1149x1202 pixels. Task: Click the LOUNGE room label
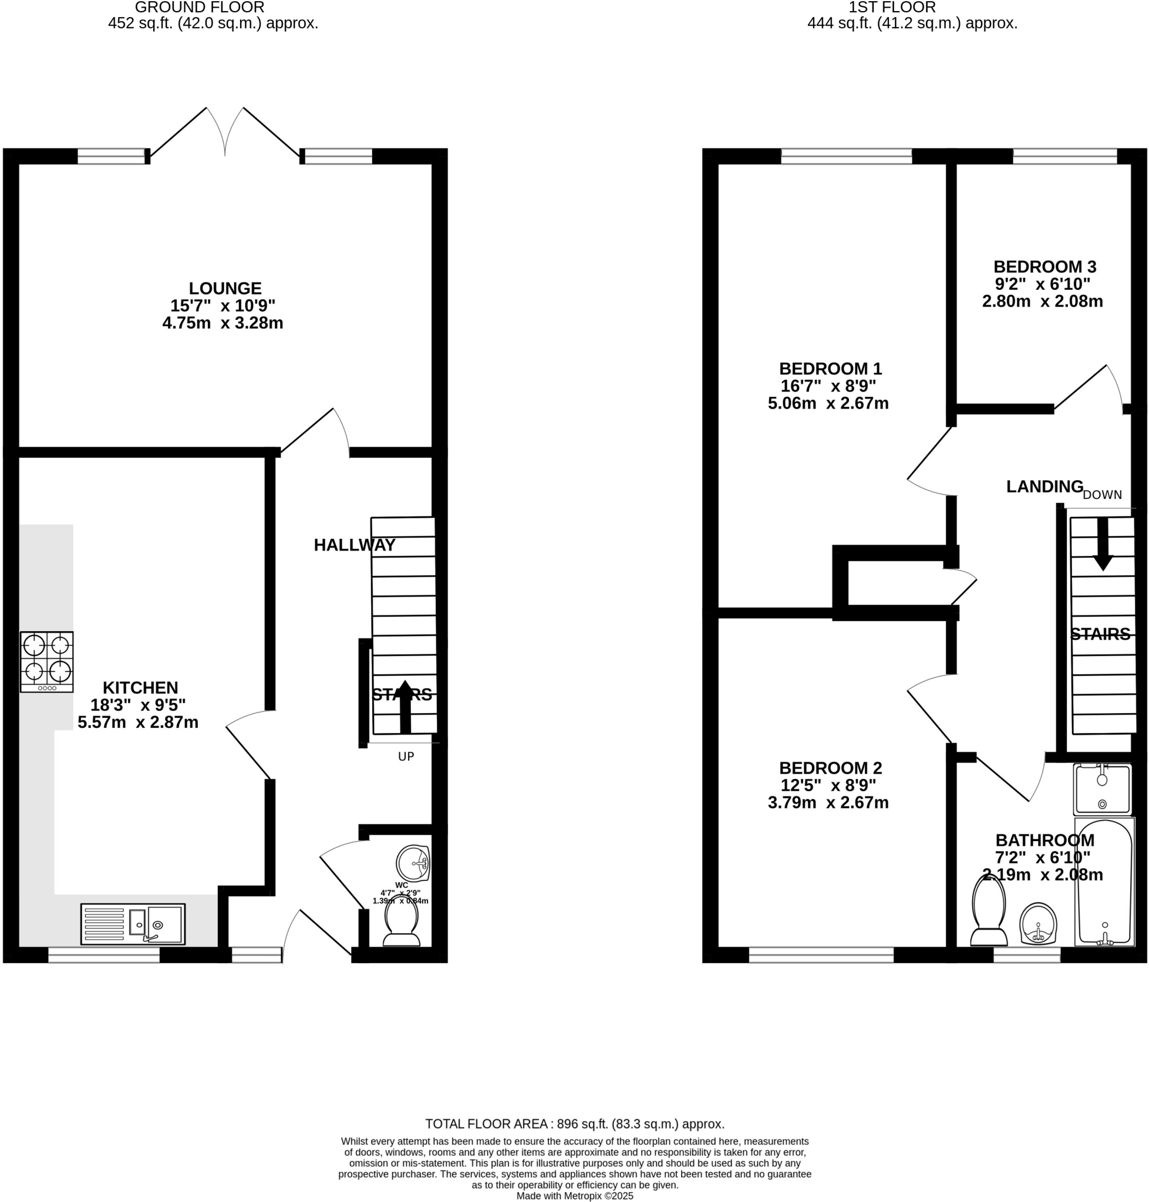point(225,288)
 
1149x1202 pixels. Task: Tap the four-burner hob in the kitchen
point(46,662)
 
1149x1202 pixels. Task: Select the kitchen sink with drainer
point(132,924)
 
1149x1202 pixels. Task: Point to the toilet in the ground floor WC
point(401,924)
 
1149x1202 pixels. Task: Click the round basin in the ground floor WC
point(413,863)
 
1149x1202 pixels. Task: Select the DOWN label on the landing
point(1102,495)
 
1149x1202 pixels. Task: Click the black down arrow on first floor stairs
point(1103,544)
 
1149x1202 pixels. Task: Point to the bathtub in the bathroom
point(1104,882)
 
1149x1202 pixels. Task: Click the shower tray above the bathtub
point(1102,789)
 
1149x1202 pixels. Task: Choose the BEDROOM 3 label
point(1044,267)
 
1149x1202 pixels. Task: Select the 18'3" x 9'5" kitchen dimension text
point(138,705)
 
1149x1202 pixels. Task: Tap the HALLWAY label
point(354,545)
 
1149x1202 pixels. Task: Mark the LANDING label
point(1044,487)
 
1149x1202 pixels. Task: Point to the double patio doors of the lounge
point(225,131)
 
